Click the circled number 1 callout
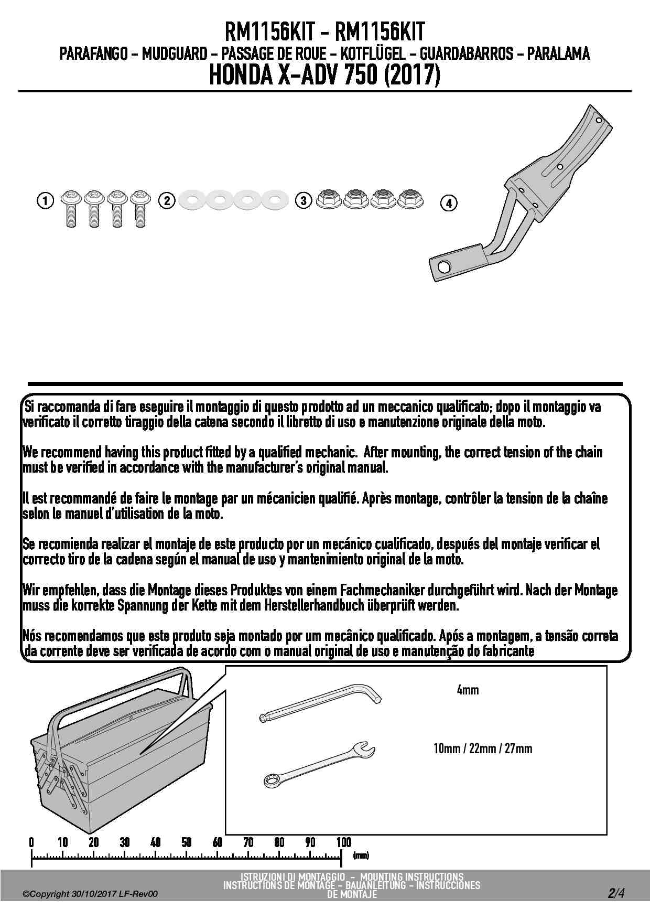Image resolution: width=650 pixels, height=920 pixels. point(46,200)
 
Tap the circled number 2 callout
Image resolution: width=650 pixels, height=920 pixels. point(167,200)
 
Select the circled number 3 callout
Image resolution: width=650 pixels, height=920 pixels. point(303,200)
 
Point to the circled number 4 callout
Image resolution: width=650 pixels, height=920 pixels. point(449,203)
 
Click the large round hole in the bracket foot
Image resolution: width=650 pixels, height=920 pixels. point(443,267)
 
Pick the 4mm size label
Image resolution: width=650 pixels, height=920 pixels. point(468,690)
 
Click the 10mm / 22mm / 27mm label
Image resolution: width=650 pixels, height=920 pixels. point(483,748)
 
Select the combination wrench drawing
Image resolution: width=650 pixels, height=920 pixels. point(319,764)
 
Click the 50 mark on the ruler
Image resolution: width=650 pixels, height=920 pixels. point(187,843)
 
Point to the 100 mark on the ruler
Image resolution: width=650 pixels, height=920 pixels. point(343,843)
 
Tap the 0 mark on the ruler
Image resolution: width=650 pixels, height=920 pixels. point(31,843)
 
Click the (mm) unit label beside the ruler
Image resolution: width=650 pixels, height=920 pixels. point(361,855)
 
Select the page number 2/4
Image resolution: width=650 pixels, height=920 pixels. point(616,893)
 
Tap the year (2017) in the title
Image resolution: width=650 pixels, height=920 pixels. point(412,77)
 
